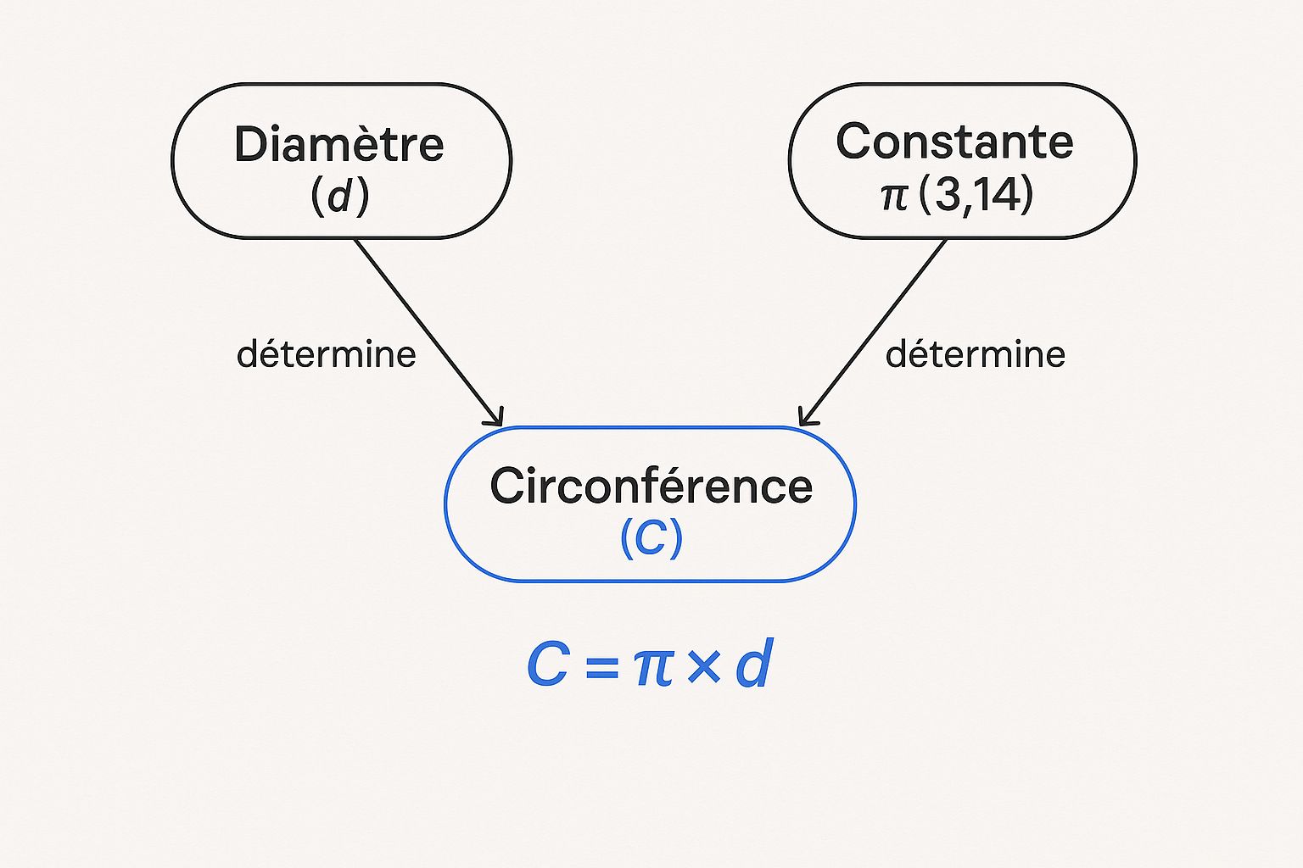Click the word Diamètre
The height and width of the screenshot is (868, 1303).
pyautogui.click(x=339, y=144)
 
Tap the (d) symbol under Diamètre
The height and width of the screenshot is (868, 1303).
pyautogui.click(x=339, y=197)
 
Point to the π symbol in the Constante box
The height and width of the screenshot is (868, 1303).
pyautogui.click(x=894, y=196)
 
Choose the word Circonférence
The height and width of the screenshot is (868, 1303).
pyautogui.click(x=651, y=487)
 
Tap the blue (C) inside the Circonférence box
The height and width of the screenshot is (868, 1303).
pyautogui.click(x=651, y=537)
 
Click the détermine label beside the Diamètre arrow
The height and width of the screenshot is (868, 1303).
pyautogui.click(x=327, y=354)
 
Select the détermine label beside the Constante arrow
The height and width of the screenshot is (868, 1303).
pyautogui.click(x=975, y=354)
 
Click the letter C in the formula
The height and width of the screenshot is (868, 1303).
pyautogui.click(x=547, y=665)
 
